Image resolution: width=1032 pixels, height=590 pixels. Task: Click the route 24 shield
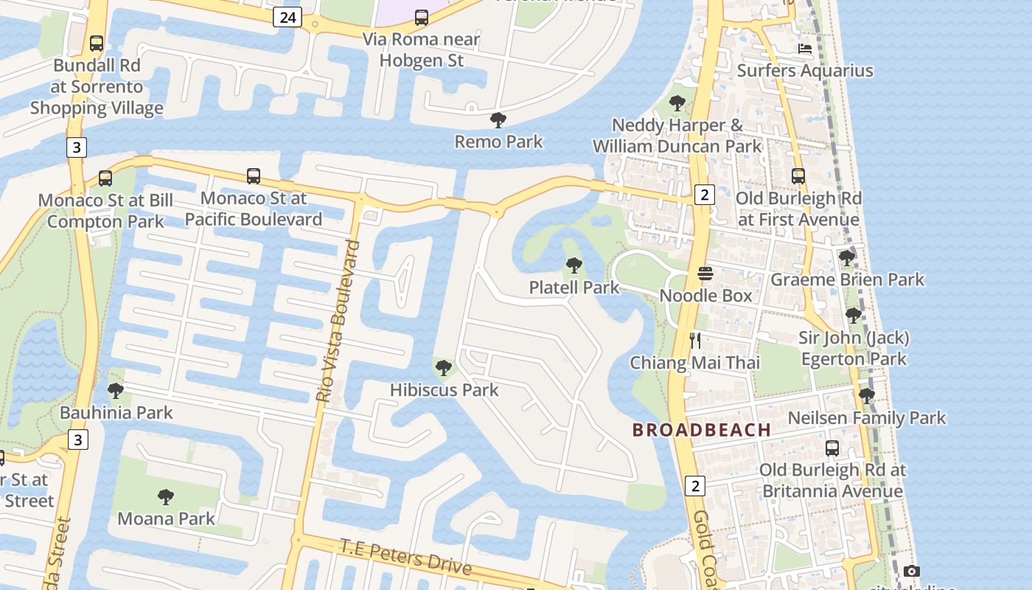pyautogui.click(x=287, y=17)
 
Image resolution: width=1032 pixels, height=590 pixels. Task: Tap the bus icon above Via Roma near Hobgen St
pyautogui.click(x=422, y=17)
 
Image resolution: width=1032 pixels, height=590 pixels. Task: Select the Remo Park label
pyautogui.click(x=498, y=142)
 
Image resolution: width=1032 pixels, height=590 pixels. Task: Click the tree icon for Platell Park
pyautogui.click(x=573, y=265)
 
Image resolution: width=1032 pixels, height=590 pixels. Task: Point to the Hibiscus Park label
pyautogui.click(x=444, y=390)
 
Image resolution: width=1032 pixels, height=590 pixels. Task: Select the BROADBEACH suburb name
pyautogui.click(x=702, y=430)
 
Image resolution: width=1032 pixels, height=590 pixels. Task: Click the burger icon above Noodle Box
pyautogui.click(x=705, y=274)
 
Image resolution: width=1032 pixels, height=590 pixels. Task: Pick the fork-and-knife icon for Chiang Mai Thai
pyautogui.click(x=694, y=341)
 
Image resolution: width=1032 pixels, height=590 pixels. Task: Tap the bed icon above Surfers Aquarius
pyautogui.click(x=805, y=49)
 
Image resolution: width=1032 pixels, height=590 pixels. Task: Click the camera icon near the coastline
pyautogui.click(x=912, y=571)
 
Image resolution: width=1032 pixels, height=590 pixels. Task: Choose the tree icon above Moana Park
pyautogui.click(x=166, y=497)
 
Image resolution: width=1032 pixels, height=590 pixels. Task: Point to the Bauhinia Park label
pyautogui.click(x=116, y=412)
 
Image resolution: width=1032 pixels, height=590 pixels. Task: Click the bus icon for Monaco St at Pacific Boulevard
pyautogui.click(x=254, y=176)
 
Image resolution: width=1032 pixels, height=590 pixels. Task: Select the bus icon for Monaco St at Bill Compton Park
pyautogui.click(x=105, y=178)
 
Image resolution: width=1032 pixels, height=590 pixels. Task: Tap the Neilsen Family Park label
pyautogui.click(x=866, y=418)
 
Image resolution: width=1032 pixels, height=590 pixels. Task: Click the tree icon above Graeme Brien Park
pyautogui.click(x=846, y=258)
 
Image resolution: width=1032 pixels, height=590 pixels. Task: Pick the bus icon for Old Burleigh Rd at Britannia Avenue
pyautogui.click(x=832, y=448)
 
